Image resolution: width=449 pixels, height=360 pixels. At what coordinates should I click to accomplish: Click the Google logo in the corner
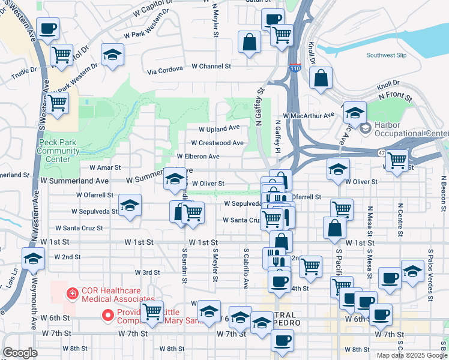20,353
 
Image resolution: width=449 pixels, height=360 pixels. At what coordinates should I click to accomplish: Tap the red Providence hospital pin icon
108,314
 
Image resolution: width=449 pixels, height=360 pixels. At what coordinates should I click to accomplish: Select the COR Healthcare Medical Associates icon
71,293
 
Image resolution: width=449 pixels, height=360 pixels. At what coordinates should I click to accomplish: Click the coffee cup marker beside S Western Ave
48,28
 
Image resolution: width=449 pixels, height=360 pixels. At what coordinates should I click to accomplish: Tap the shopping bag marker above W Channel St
249,41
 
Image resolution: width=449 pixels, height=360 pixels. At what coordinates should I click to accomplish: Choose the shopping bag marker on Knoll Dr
321,77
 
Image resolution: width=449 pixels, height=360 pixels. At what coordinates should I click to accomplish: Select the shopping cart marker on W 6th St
152,311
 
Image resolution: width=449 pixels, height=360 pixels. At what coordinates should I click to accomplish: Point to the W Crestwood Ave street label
217,143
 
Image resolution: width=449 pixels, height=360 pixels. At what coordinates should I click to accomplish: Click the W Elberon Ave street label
197,157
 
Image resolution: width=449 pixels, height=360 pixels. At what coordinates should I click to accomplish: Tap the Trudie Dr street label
24,70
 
